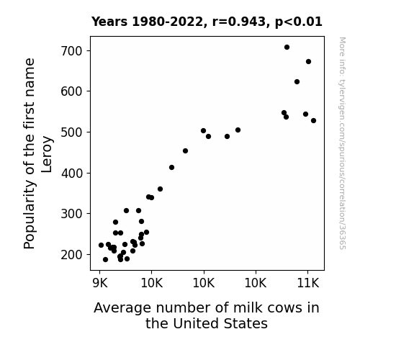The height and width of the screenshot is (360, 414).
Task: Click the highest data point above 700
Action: coord(287,48)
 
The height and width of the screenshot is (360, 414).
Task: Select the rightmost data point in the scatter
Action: coord(313,121)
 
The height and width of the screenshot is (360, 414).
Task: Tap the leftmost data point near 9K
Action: coord(101,245)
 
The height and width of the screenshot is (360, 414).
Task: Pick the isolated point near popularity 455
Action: coord(185,150)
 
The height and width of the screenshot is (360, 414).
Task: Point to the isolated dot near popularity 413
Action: coord(171,168)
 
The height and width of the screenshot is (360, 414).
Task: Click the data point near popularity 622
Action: coord(297,82)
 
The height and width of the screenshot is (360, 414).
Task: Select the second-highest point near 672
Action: coord(308,61)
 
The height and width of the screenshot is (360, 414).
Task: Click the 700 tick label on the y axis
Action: coord(71,51)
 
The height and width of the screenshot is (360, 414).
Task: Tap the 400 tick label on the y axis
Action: coord(71,174)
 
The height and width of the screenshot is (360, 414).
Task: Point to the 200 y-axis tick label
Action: coord(71,255)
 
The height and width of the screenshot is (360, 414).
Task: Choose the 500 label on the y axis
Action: coord(71,132)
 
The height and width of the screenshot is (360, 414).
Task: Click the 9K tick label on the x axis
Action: coord(100,283)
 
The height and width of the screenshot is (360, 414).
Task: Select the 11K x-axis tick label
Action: coord(308,283)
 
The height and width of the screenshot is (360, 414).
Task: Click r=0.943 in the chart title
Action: coord(239,22)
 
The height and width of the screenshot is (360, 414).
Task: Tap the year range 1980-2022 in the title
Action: coord(168,22)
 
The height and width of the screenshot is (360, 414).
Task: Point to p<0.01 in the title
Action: coord(299,22)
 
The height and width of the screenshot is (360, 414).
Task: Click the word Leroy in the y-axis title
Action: coord(47,155)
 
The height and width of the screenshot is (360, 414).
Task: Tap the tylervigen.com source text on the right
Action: coord(342,143)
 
